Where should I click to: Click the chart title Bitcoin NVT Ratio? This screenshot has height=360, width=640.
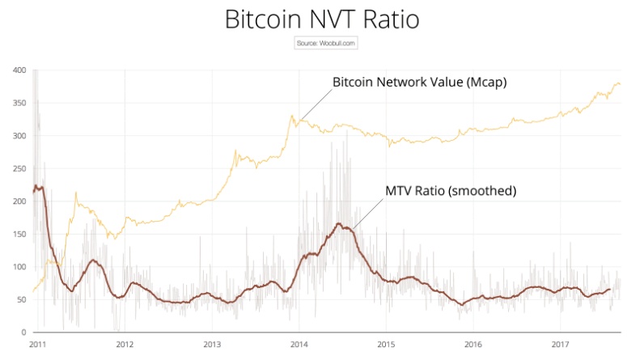[321, 19]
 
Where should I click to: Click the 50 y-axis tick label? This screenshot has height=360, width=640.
[22, 299]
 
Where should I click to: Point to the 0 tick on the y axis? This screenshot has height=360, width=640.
[24, 332]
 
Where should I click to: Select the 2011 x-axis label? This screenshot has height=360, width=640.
[37, 344]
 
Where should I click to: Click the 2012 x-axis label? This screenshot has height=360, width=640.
[125, 344]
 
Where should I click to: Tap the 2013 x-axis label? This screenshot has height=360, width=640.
[211, 344]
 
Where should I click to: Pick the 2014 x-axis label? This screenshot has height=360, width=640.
[299, 344]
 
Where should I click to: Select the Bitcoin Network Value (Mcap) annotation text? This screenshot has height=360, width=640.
[419, 83]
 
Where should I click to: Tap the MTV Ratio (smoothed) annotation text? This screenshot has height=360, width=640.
[450, 191]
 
